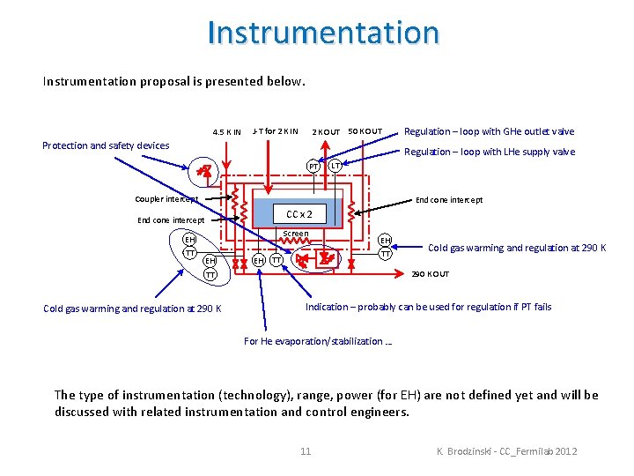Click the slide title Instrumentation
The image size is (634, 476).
(x=323, y=33)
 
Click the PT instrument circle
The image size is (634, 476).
(x=313, y=166)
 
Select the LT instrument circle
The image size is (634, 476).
(x=335, y=166)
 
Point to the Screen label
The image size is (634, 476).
(x=295, y=234)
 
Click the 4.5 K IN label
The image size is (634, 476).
(x=226, y=132)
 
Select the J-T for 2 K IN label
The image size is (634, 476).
(x=275, y=131)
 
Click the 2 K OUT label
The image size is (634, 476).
(x=326, y=132)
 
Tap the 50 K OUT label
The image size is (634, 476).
(x=365, y=131)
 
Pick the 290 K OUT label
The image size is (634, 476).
(x=431, y=274)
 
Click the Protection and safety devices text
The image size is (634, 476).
(x=106, y=145)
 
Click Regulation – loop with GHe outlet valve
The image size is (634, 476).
(x=489, y=131)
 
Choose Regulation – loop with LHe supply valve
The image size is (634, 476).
(x=489, y=152)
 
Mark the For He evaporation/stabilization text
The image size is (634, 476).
(x=318, y=341)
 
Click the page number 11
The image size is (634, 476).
(x=306, y=451)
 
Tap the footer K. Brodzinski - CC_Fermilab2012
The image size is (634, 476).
(x=506, y=451)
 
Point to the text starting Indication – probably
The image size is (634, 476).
(x=428, y=307)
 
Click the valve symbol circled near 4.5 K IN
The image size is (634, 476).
(x=204, y=171)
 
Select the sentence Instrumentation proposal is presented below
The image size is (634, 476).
(x=174, y=81)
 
